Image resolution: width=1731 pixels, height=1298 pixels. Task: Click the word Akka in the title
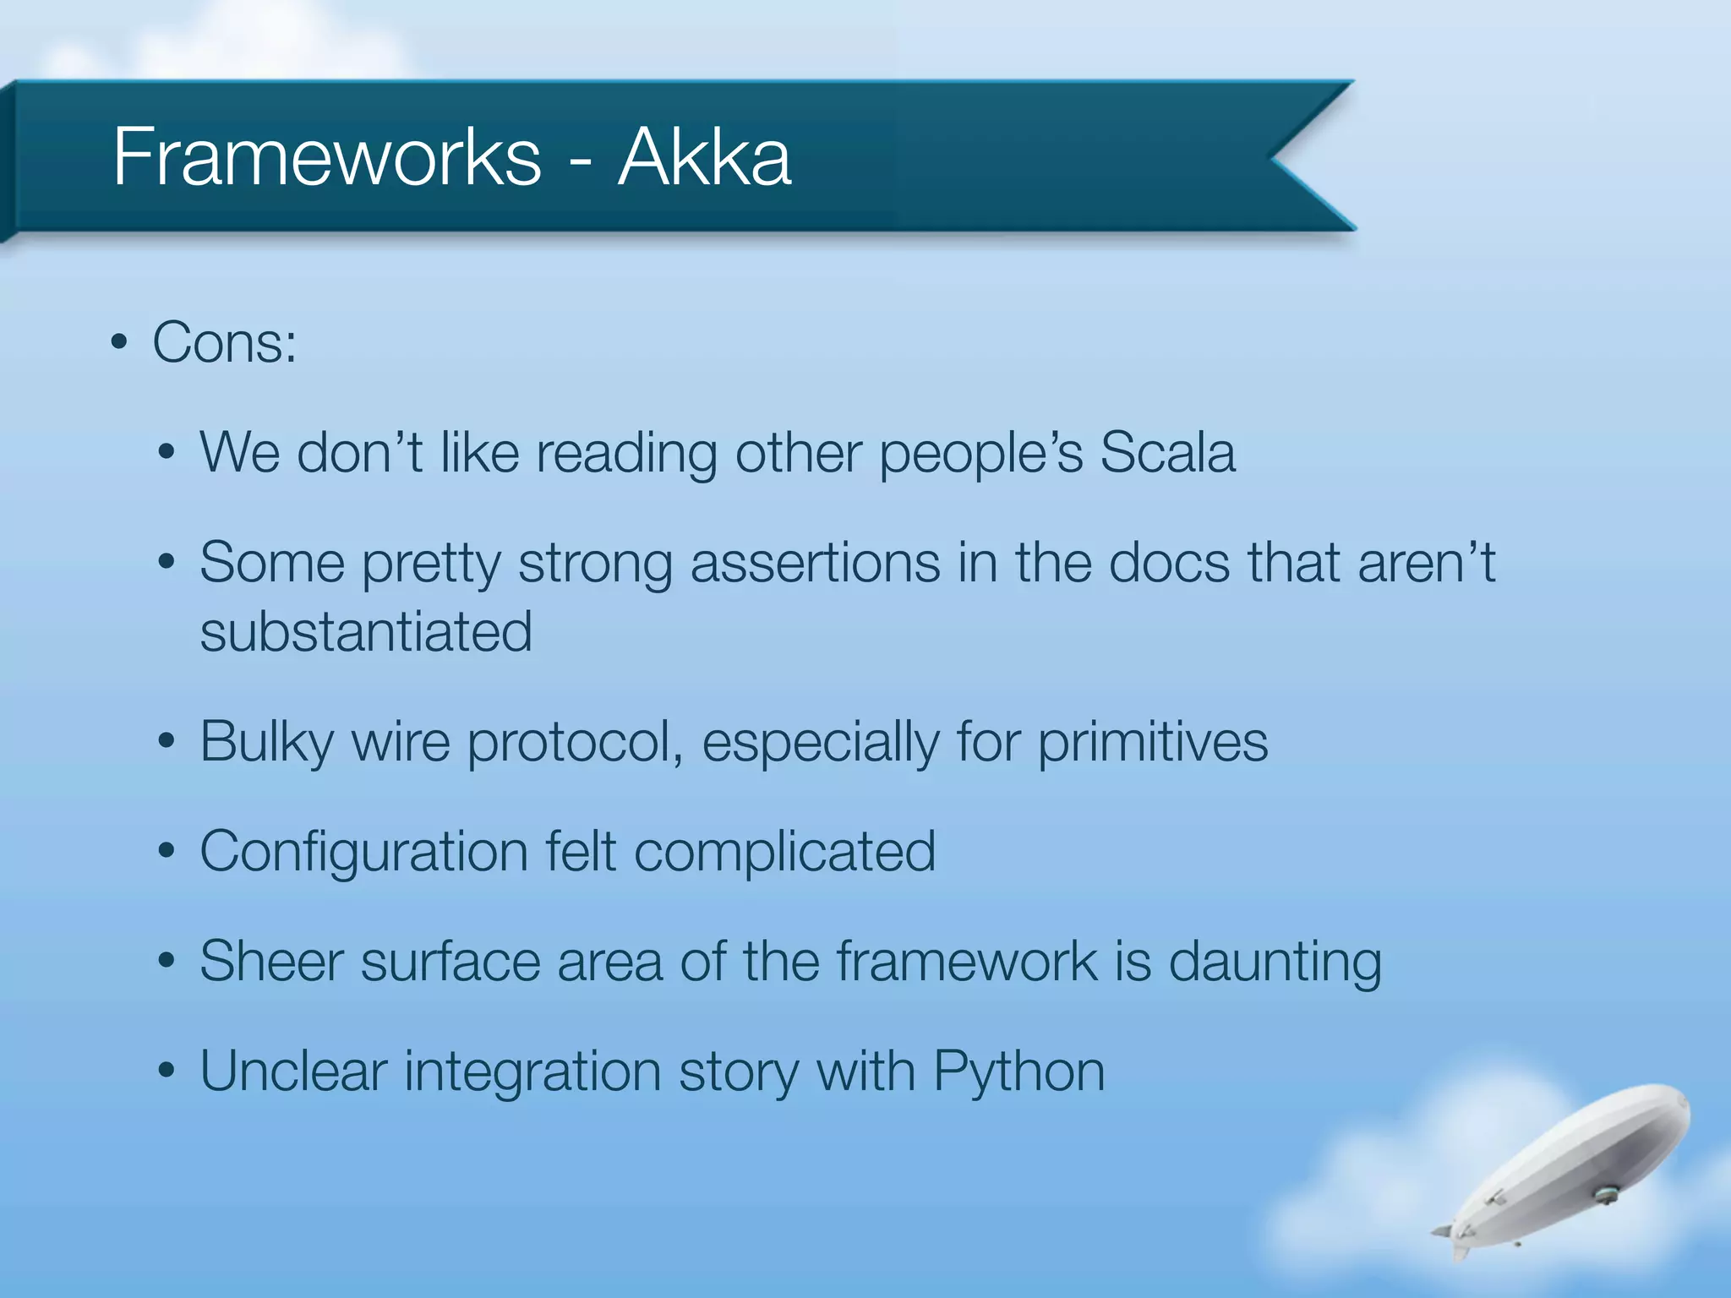pos(704,157)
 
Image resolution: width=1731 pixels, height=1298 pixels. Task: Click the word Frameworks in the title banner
pos(326,157)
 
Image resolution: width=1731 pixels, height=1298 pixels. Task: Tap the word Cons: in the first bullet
pos(225,344)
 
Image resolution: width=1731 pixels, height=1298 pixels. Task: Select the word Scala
pos(1167,453)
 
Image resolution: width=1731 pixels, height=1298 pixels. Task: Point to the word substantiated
pos(366,632)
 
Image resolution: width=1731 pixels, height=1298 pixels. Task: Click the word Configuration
pos(363,852)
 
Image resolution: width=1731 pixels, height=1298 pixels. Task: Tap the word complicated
pos(784,852)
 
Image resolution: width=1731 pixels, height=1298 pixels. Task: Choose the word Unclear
pos(292,1072)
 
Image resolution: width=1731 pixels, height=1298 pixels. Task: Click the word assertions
pos(815,563)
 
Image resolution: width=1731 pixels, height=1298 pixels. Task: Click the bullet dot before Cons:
pos(119,344)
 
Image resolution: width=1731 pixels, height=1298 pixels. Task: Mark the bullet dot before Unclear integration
pos(167,1072)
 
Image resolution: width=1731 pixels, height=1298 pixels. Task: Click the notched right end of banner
pos(1302,156)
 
